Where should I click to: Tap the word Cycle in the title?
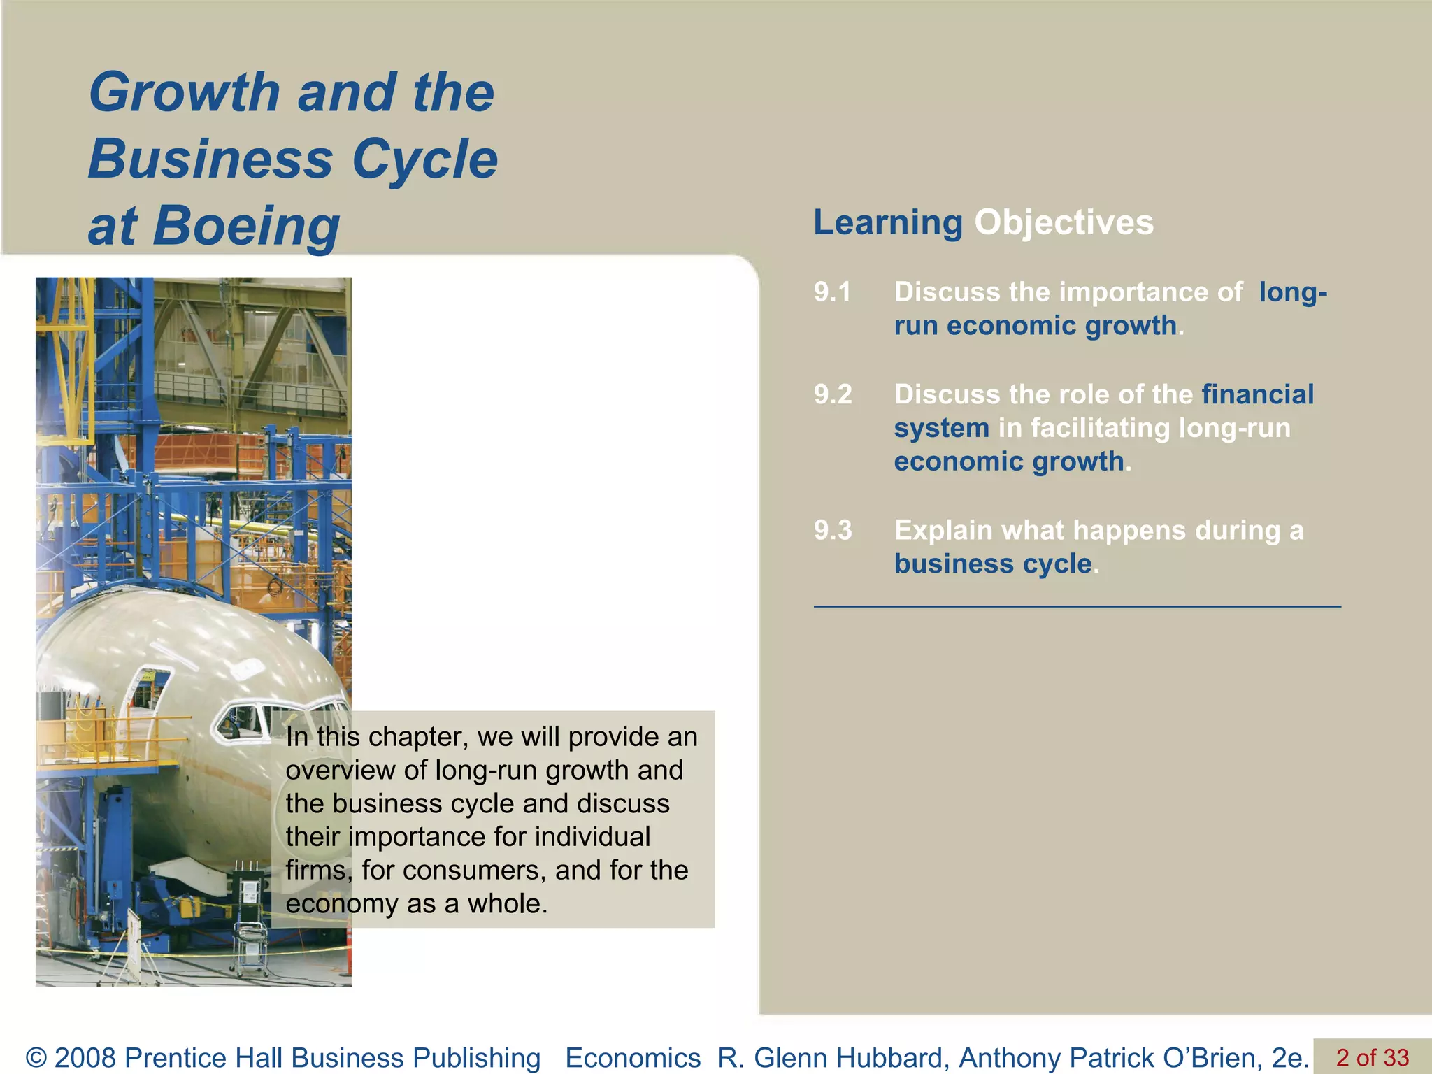click(424, 159)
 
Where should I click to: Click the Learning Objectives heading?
click(983, 222)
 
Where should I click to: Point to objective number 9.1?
click(832, 292)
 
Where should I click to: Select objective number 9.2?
click(832, 394)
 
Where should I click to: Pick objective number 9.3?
click(832, 530)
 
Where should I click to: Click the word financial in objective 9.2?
click(1257, 394)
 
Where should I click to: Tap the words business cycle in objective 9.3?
click(993, 564)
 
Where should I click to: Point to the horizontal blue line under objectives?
click(1077, 607)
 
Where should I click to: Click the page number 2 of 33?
click(1372, 1057)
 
